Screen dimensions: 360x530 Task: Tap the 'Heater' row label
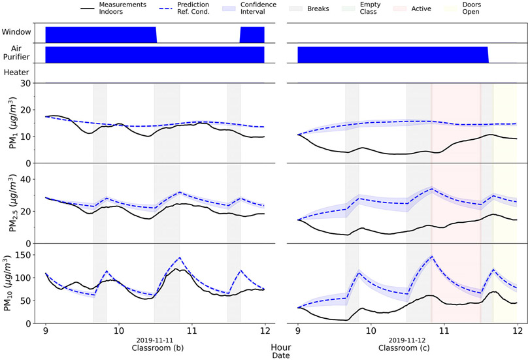(16, 73)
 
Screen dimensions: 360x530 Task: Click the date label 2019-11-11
(155, 340)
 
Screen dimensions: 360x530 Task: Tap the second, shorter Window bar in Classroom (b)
(252, 35)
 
